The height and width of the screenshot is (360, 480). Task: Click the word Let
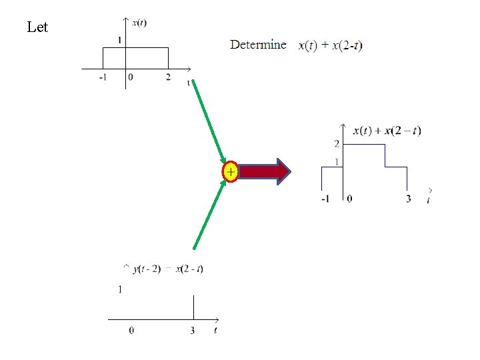pyautogui.click(x=37, y=27)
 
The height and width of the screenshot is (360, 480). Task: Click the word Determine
pyautogui.click(x=258, y=45)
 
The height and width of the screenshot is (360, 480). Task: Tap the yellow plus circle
pyautogui.click(x=230, y=172)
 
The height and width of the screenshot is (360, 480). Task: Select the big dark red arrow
pyautogui.click(x=264, y=172)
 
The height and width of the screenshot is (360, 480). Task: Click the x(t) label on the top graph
pyautogui.click(x=139, y=23)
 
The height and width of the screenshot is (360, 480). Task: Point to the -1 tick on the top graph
pyautogui.click(x=102, y=77)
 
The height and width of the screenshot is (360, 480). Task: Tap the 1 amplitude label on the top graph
pyautogui.click(x=119, y=41)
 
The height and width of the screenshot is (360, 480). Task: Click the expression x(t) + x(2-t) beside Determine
pyautogui.click(x=331, y=46)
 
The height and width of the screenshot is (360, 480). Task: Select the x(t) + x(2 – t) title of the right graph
pyautogui.click(x=387, y=131)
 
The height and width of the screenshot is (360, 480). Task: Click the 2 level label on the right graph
pyautogui.click(x=337, y=144)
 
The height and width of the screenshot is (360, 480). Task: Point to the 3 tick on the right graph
pyautogui.click(x=408, y=199)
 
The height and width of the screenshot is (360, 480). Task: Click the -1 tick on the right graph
pyautogui.click(x=324, y=199)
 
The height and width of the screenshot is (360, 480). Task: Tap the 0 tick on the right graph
pyautogui.click(x=350, y=199)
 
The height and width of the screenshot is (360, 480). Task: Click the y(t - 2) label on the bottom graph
pyautogui.click(x=147, y=269)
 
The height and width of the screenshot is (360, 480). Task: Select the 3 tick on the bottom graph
pyautogui.click(x=193, y=331)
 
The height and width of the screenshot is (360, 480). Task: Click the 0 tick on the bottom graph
pyautogui.click(x=131, y=331)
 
